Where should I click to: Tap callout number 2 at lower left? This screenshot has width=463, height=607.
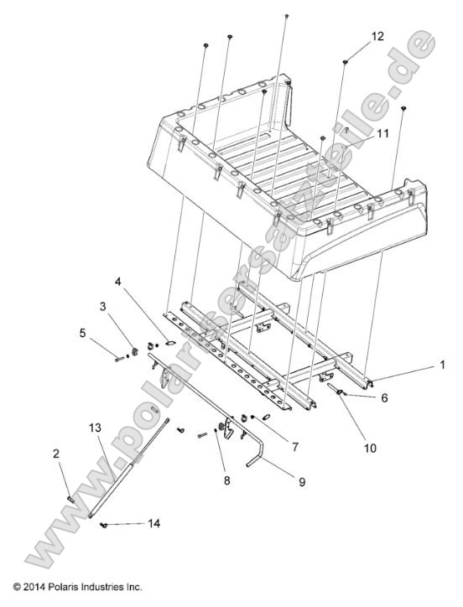pos(55,454)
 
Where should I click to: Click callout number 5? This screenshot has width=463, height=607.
pos(82,332)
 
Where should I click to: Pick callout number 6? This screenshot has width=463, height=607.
pos(384,399)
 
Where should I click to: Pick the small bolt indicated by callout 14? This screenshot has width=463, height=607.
pos(104,524)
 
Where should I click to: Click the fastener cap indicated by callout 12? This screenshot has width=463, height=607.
pos(346,61)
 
